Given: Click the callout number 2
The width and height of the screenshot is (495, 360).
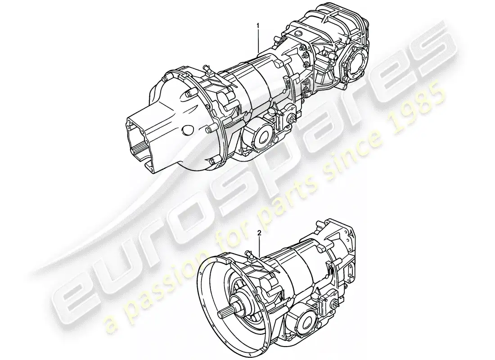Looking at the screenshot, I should [260, 233].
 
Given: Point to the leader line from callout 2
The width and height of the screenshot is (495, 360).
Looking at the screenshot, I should [260, 245].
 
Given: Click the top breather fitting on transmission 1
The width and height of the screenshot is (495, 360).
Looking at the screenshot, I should [207, 68].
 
